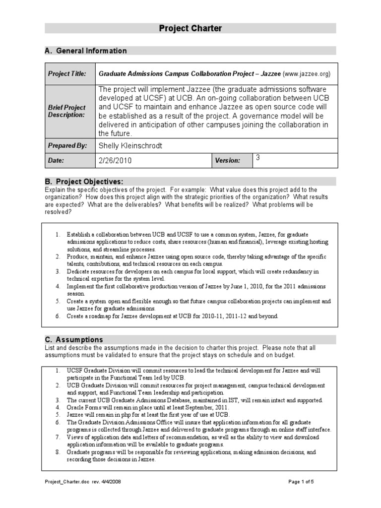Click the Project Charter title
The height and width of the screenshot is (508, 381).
click(x=190, y=29)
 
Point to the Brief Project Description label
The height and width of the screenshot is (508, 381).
click(x=66, y=111)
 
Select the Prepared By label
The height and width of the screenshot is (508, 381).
click(x=67, y=146)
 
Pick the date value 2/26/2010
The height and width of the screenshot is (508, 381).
click(x=116, y=161)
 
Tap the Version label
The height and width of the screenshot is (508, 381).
click(x=228, y=161)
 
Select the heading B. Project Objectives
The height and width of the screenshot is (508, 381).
click(x=84, y=182)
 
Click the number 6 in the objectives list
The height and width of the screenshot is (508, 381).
click(x=57, y=316)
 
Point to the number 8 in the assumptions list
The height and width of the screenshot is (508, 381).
click(x=57, y=452)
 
